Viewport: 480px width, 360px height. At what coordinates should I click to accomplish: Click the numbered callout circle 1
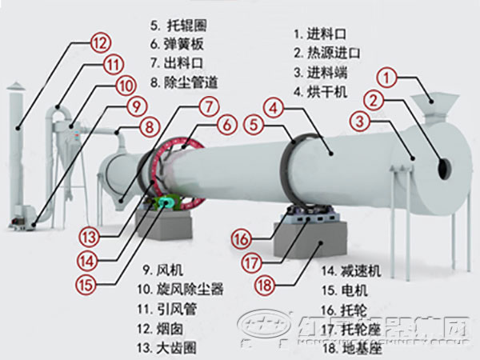[x=387, y=78]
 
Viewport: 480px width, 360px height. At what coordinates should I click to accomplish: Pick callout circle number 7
[x=207, y=105]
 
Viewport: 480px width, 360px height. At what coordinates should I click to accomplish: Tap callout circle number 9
[x=136, y=106]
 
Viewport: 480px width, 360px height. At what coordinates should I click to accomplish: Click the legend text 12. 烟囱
[x=168, y=328]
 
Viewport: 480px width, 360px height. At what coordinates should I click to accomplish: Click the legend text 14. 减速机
[x=353, y=270]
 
